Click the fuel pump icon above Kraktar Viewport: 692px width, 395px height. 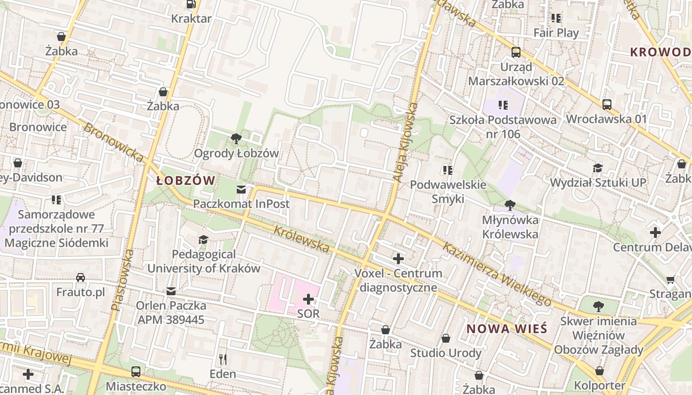[191, 4]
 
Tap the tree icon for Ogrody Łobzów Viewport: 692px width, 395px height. [236, 139]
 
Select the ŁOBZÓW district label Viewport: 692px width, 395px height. [186, 181]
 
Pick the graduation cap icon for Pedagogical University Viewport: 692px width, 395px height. [203, 240]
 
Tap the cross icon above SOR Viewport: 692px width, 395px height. [308, 299]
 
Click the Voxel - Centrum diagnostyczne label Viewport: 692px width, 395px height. [398, 280]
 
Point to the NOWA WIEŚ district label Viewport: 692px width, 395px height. [507, 329]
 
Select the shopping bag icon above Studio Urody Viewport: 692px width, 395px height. [446, 338]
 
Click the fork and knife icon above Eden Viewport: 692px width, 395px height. [223, 359]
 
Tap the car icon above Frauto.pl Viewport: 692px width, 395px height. [81, 277]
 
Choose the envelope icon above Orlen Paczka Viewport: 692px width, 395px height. [171, 291]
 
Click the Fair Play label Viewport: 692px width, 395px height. [556, 33]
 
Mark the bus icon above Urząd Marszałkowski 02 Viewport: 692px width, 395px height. [516, 52]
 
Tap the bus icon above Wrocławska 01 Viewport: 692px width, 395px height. [606, 104]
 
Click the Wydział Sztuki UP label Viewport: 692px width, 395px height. [598, 183]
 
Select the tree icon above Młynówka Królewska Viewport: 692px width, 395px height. [510, 205]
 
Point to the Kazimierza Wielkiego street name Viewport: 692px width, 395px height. [497, 274]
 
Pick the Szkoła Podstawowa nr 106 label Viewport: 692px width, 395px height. [503, 127]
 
